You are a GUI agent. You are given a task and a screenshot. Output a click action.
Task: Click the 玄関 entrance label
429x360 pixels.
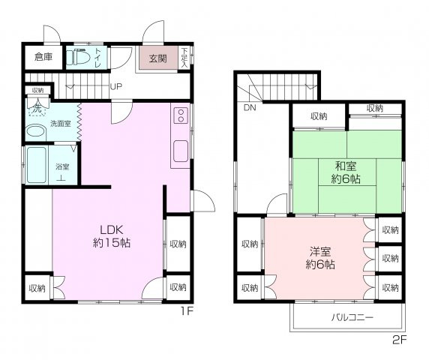157,58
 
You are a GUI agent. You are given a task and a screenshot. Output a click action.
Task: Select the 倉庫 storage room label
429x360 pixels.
43,57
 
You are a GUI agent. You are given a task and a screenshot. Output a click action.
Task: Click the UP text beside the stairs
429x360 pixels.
116,87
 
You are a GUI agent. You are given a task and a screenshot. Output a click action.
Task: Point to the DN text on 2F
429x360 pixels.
250,107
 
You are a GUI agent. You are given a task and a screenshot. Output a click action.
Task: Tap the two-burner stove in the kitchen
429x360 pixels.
181,115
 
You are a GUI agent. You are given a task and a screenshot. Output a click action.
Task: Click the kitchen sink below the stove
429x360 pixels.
181,151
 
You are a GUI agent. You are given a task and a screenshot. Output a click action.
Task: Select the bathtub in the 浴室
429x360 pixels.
37,165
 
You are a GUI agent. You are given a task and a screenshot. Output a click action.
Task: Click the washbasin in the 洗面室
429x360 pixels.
35,131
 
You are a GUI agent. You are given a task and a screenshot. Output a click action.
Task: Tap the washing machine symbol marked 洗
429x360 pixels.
37,109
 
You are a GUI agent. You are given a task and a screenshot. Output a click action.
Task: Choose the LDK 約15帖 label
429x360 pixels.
112,236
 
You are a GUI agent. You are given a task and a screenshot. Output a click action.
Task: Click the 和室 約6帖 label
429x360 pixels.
346,172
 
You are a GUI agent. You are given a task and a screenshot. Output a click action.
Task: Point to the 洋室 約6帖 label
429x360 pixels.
320,258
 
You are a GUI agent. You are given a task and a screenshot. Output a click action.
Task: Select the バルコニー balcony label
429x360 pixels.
352,317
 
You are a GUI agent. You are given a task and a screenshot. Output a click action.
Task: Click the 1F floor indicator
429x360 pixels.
187,311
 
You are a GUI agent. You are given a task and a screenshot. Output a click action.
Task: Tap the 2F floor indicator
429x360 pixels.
400,340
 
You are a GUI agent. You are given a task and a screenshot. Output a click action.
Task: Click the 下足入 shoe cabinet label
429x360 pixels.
185,58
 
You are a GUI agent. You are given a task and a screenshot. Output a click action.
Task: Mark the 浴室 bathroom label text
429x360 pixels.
62,166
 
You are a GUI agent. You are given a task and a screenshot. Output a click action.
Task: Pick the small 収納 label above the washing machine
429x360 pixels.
37,90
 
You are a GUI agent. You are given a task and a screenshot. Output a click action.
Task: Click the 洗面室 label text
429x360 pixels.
61,124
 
